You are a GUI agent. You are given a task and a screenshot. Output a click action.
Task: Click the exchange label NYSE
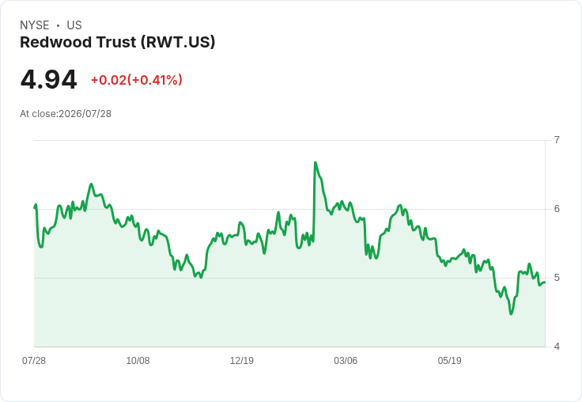[35, 25]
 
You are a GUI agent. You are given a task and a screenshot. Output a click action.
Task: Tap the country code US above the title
[74, 25]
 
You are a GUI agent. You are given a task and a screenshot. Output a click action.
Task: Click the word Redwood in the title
[55, 42]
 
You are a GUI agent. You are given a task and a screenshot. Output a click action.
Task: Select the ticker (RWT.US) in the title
[178, 43]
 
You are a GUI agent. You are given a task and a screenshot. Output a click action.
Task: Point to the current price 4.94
[48, 80]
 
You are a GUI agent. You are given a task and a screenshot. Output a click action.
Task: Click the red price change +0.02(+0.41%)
[137, 80]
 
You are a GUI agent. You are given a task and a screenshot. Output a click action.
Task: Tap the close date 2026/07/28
[85, 114]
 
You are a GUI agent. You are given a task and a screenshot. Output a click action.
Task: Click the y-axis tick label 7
[557, 140]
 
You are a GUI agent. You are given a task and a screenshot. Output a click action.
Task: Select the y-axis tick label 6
[557, 209]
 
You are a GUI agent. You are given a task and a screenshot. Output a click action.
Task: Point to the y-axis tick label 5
[557, 278]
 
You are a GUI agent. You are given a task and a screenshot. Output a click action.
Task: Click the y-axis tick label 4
[557, 347]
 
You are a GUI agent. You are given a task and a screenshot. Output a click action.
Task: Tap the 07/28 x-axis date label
[34, 361]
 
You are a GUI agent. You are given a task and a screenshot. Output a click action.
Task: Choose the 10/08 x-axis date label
[138, 361]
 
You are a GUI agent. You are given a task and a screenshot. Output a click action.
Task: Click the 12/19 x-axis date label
[242, 361]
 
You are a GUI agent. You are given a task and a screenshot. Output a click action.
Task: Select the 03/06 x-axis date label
[346, 361]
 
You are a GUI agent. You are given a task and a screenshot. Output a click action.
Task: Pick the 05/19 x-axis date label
[449, 361]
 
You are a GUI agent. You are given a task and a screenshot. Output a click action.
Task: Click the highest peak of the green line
[316, 162]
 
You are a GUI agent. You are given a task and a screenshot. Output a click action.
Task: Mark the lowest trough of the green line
[511, 314]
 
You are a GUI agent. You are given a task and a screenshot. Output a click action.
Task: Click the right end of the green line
[545, 283]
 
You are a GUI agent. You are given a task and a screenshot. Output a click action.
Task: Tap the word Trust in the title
[116, 42]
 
